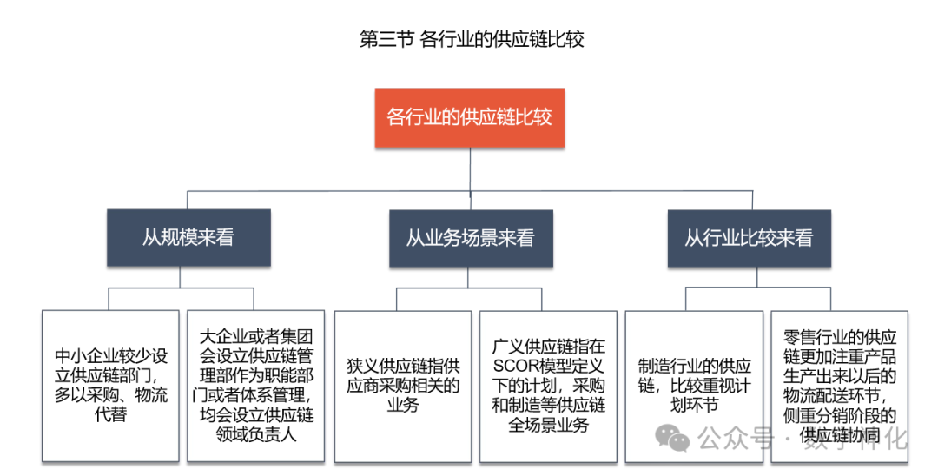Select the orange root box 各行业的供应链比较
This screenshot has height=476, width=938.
pos(469,117)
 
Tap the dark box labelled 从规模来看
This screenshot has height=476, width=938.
pos(188,237)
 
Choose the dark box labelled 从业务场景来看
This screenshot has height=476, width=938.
pos(470,237)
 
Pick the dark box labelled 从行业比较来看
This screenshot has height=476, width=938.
pos(749,237)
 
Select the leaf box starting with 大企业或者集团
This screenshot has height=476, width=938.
pos(255,386)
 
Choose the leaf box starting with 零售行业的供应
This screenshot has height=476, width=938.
pos(839,386)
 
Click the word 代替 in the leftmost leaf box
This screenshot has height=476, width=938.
pos(112,415)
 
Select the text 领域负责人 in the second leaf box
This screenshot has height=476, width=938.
pos(255,434)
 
